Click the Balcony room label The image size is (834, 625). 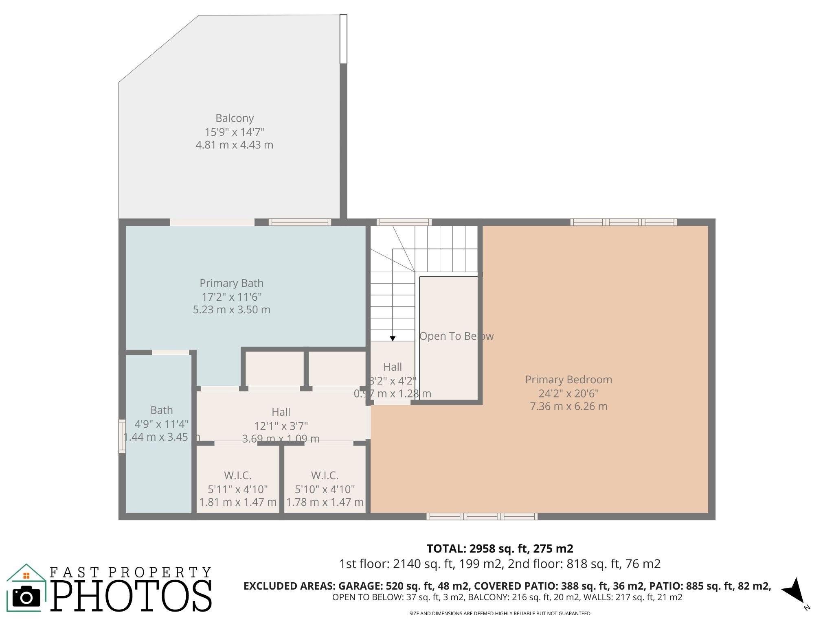(x=235, y=118)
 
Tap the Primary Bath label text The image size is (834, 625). (x=231, y=283)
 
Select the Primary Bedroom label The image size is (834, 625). (x=568, y=380)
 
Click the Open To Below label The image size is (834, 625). (x=456, y=336)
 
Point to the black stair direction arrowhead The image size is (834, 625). (x=393, y=339)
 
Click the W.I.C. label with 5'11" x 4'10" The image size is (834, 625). (x=237, y=475)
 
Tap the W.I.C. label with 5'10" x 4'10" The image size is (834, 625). (x=325, y=475)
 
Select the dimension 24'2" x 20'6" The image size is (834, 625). (x=568, y=393)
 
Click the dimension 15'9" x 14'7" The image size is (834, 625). (x=235, y=132)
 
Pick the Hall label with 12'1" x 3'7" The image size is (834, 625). (x=281, y=412)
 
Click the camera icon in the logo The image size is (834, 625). (x=26, y=597)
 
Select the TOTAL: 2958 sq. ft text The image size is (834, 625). (x=500, y=549)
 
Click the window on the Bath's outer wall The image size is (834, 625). (x=122, y=436)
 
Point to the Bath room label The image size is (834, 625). (x=161, y=410)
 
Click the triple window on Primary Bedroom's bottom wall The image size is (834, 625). (x=482, y=516)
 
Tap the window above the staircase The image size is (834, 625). (x=404, y=222)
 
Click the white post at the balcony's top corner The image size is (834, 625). (x=343, y=39)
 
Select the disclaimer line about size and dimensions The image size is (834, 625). (x=500, y=613)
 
